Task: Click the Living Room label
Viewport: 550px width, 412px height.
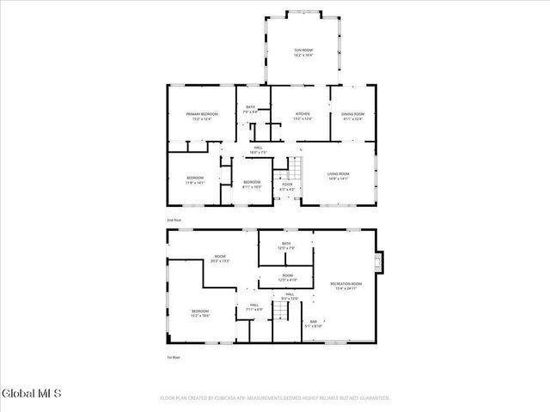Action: click(x=338, y=176)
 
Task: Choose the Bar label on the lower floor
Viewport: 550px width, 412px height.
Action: click(x=314, y=324)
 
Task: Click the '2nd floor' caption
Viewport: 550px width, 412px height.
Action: click(x=174, y=221)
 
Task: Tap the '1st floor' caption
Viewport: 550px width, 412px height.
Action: click(x=174, y=358)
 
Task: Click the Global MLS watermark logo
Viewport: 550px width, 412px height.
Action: click(x=32, y=394)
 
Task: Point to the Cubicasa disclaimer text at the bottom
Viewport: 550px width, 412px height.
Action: click(x=275, y=398)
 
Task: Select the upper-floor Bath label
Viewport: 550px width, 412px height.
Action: click(x=250, y=109)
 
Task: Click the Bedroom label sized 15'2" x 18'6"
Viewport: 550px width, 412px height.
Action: click(x=199, y=312)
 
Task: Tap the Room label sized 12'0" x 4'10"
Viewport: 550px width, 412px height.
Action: click(x=286, y=277)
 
